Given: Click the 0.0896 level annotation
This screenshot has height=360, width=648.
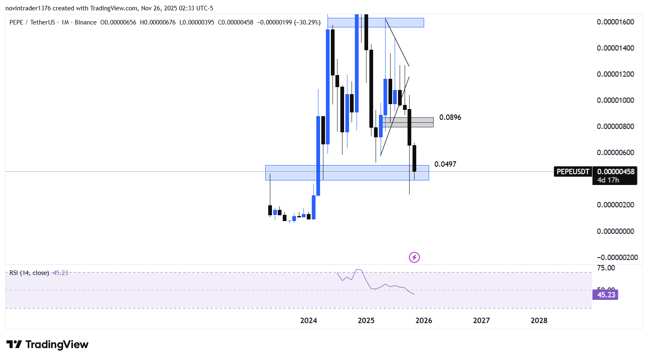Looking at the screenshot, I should [450, 117].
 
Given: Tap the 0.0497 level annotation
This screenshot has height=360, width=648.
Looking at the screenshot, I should [445, 164].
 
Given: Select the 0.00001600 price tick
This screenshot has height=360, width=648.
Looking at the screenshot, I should [615, 22].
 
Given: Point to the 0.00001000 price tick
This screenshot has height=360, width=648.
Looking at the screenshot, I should [615, 100].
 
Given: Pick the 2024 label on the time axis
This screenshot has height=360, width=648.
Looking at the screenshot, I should [308, 321].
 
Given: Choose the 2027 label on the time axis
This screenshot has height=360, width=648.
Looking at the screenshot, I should [481, 321].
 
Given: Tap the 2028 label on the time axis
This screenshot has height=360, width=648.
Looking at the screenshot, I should [539, 321].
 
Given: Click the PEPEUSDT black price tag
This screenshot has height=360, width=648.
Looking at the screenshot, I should [573, 172].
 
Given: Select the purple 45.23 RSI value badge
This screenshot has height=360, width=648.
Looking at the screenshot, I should [606, 295].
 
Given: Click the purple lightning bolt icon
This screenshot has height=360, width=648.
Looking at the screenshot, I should [414, 258].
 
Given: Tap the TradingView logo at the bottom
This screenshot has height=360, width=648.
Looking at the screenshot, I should [48, 345].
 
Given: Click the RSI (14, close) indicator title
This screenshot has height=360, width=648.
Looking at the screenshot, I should [29, 273].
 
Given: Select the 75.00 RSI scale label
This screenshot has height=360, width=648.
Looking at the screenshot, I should [606, 268].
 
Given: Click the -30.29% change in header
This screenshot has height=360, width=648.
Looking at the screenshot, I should [307, 22].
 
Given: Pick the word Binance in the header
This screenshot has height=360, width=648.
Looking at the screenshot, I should [85, 22].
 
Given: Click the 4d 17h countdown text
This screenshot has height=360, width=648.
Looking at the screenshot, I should [608, 180].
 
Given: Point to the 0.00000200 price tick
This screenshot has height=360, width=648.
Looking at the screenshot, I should [615, 205].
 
